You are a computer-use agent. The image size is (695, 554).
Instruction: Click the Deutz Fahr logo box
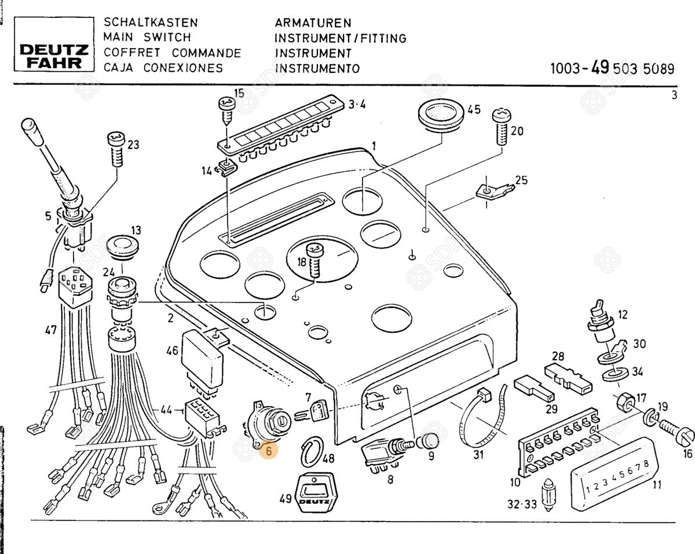tap(52, 43)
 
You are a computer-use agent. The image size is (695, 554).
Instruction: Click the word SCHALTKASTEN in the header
tap(151, 23)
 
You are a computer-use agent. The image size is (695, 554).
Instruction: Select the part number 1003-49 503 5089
tap(612, 69)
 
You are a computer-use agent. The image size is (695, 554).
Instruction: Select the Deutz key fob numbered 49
tap(316, 495)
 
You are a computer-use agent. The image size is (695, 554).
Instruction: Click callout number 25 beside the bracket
tap(521, 180)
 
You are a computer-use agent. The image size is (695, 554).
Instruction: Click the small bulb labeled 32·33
tap(547, 495)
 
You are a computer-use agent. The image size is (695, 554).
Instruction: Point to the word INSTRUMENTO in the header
tap(317, 68)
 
